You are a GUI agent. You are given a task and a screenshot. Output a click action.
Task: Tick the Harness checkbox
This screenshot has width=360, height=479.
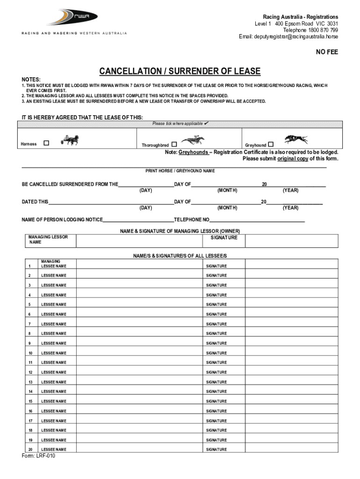pos(46,143)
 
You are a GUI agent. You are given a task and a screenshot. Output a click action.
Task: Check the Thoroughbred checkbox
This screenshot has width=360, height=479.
pos(174,145)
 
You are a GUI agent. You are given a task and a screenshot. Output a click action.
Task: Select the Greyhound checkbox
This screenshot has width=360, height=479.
pos(270,145)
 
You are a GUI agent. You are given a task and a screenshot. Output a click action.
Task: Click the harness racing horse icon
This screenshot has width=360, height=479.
pos(69,140)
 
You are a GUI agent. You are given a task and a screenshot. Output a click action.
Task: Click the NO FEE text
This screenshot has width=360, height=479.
pos(327,52)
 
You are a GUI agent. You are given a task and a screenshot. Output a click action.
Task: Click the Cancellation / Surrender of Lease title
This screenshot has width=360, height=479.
pos(180,72)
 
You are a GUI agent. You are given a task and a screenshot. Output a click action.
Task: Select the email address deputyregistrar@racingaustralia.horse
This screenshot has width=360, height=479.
pos(288,36)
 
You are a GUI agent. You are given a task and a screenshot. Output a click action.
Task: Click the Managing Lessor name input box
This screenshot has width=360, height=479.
pos(139,240)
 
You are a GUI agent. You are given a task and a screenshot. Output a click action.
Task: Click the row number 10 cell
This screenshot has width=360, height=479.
pos(30,353)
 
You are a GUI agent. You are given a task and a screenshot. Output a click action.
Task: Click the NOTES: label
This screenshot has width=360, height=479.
pos(31,80)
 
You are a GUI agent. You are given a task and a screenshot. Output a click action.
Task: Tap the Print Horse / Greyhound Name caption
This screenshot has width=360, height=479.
pos(180,171)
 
